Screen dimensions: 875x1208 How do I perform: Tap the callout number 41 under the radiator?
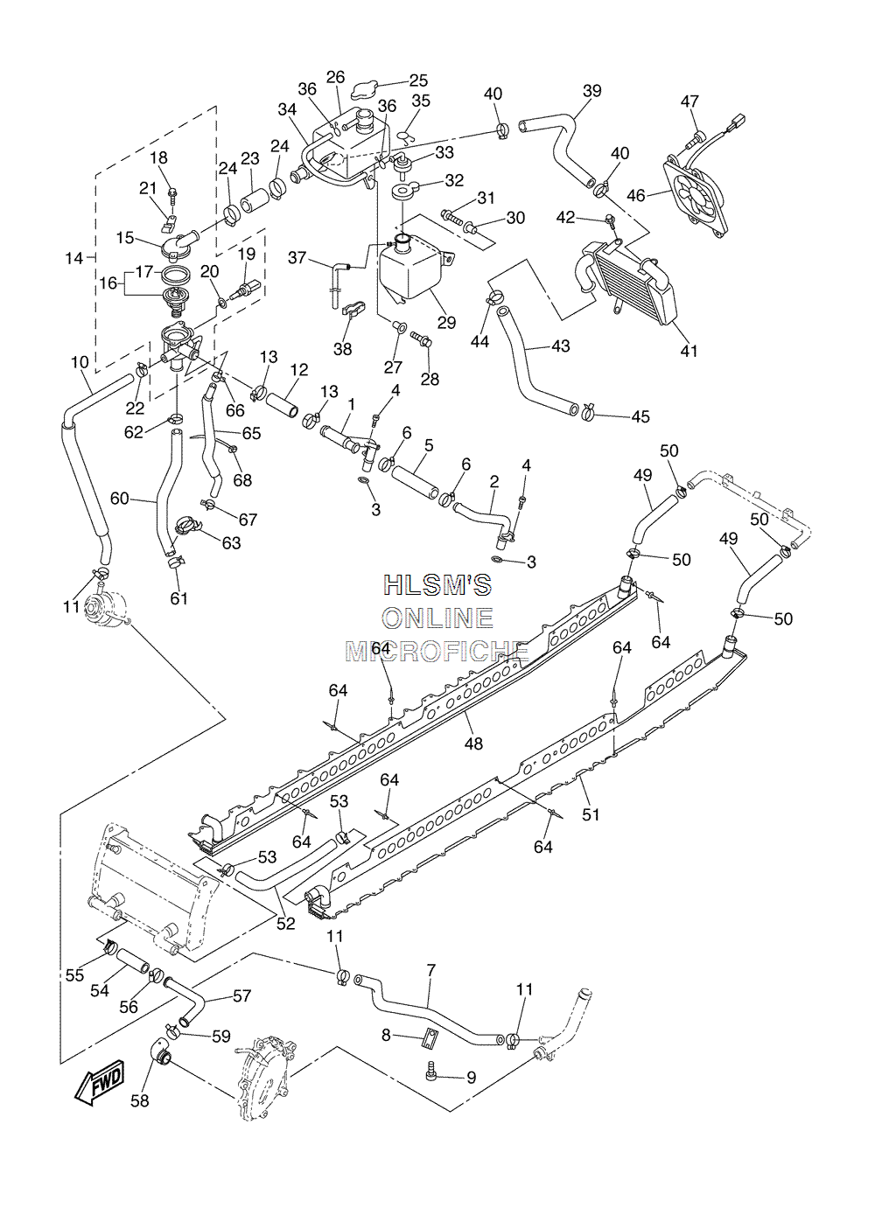(689, 351)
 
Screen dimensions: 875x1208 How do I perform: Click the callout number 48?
(473, 744)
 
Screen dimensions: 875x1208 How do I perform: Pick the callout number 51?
(591, 813)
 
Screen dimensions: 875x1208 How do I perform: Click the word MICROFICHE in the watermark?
(437, 652)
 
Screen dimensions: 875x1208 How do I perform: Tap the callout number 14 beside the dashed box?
(73, 259)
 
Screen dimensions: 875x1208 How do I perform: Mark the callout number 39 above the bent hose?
(591, 91)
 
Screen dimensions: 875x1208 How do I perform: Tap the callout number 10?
(80, 362)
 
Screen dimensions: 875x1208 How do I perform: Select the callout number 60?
(119, 498)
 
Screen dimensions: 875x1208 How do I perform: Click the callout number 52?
(286, 923)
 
